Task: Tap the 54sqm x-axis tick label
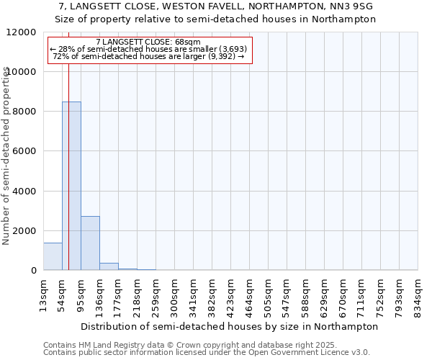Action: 63,294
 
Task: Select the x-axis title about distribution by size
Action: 230,326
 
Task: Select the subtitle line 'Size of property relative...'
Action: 216,19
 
